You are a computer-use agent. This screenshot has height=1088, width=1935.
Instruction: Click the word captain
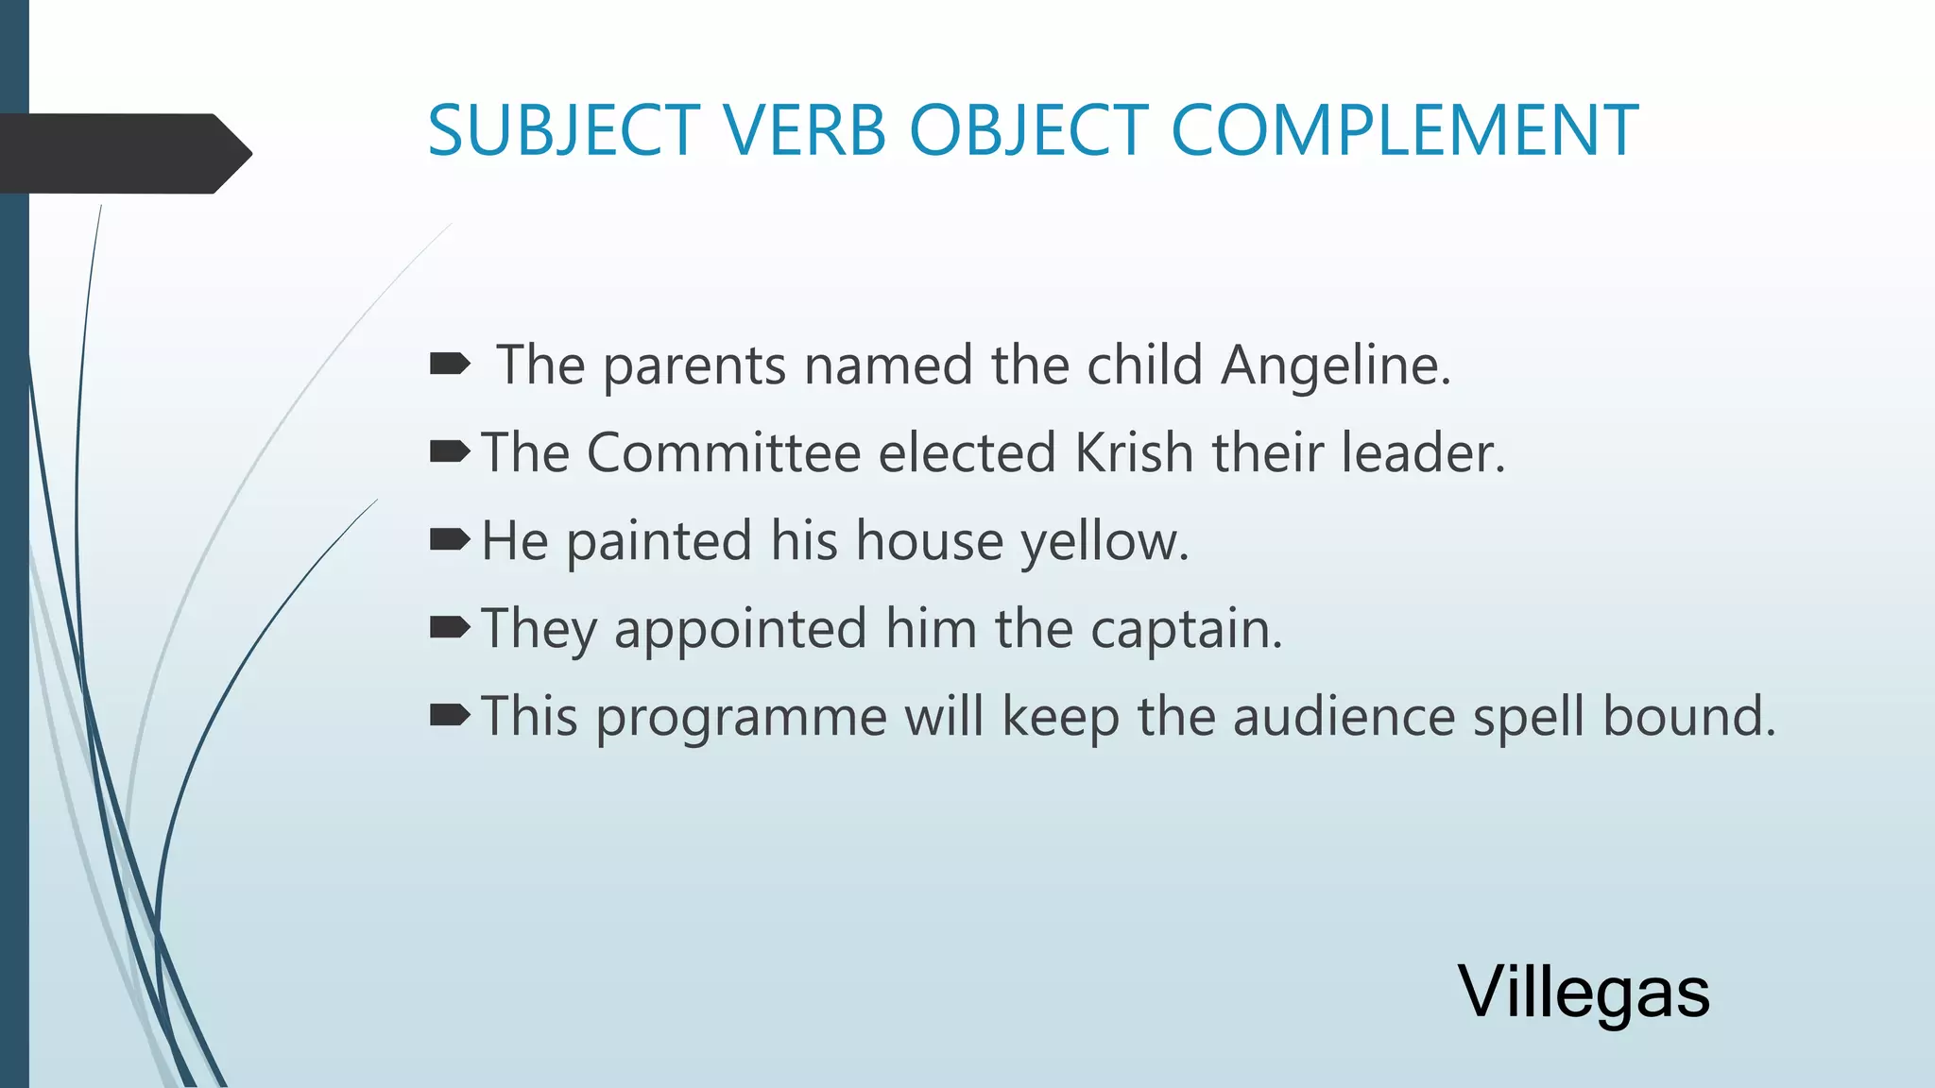(x=1187, y=628)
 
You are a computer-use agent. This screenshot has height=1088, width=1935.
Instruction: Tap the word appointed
(x=740, y=628)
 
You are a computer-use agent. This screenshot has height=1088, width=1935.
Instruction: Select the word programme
(x=741, y=717)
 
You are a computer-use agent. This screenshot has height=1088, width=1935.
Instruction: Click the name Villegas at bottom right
(x=1584, y=992)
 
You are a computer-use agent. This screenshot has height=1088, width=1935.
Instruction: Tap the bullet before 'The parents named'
(x=449, y=364)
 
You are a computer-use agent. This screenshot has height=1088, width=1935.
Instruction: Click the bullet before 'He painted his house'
(x=449, y=539)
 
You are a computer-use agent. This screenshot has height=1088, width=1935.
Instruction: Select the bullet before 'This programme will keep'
(x=449, y=715)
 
